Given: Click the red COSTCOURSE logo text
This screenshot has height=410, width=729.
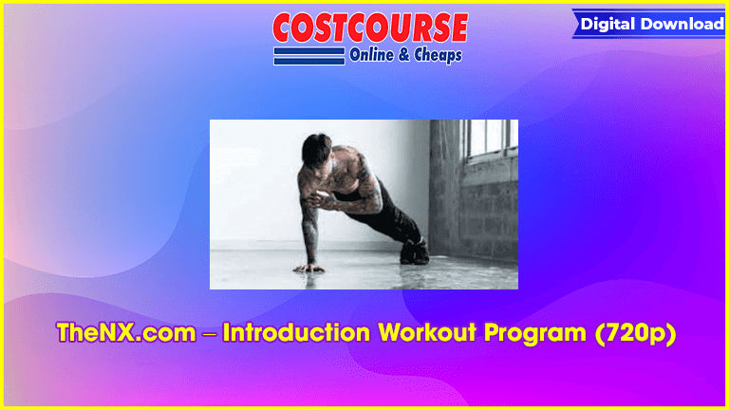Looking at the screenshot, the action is tap(370, 28).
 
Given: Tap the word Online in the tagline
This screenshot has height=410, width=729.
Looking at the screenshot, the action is tap(371, 55).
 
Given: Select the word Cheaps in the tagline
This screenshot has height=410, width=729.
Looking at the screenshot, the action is tap(438, 55).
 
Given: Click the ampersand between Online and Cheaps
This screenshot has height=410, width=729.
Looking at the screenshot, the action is tap(403, 55).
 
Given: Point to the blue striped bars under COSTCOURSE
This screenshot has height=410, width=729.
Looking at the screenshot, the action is tap(309, 56).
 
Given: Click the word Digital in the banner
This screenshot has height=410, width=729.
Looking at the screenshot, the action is tap(608, 24).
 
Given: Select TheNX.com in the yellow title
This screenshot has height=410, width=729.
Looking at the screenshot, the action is tap(126, 333).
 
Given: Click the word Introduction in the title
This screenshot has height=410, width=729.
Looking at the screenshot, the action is tap(296, 333).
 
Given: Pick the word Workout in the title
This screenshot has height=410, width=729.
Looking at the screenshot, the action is tap(427, 333).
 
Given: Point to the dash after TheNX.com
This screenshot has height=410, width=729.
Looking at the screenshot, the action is tap(209, 334).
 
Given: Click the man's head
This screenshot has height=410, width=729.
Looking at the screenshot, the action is tap(317, 150).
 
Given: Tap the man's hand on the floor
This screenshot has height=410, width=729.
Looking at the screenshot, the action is tap(308, 268).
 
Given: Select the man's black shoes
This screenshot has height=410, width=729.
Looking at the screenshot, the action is tap(414, 252).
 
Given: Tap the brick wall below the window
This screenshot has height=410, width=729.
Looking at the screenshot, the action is tap(489, 209).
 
